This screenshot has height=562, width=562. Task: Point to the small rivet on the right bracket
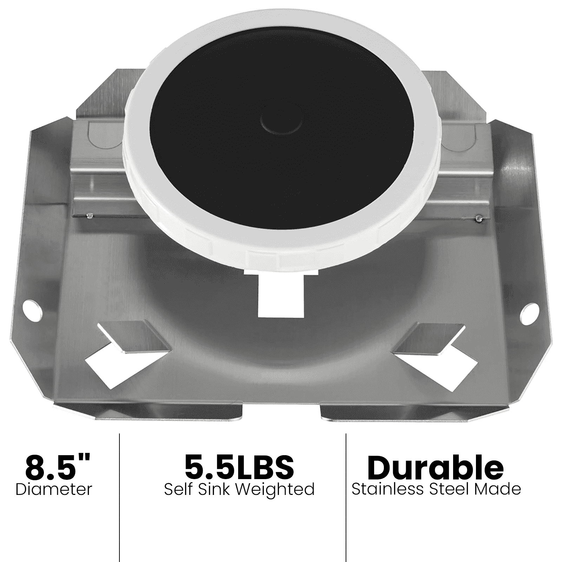tap(477, 219)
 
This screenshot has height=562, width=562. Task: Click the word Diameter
tap(54, 489)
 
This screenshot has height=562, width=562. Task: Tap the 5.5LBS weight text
tap(239, 467)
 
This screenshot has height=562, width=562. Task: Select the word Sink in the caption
tap(214, 489)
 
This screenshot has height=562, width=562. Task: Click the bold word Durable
tap(435, 467)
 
